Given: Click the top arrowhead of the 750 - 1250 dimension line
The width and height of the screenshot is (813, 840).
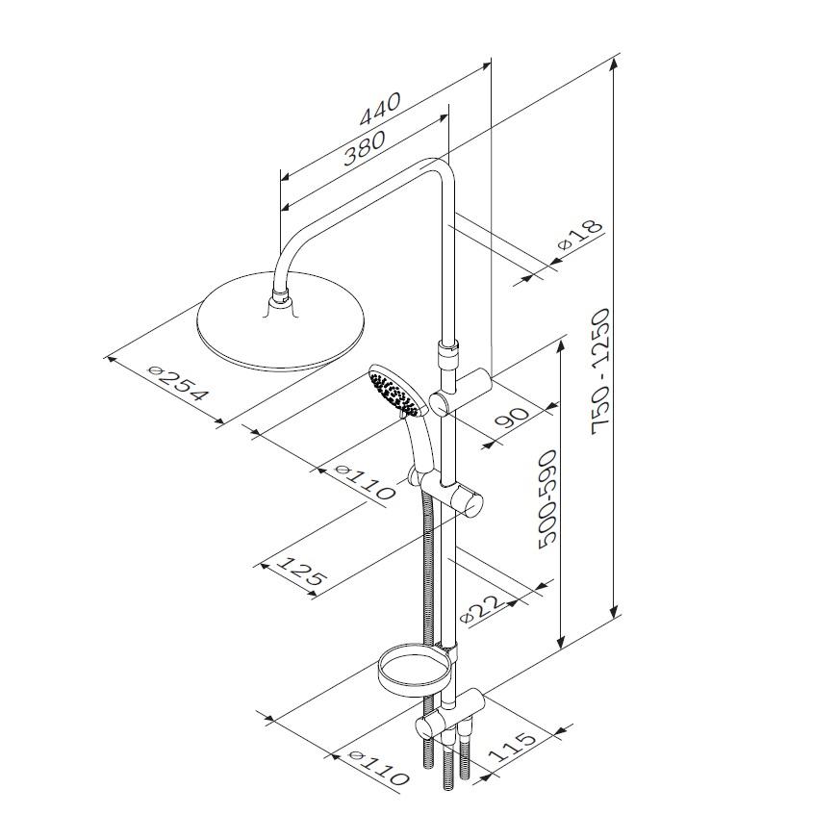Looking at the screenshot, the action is point(614,65).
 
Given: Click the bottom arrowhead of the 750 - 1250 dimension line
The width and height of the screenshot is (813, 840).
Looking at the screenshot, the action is point(614,611).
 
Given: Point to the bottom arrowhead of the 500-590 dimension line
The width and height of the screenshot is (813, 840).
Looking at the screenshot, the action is point(561,640).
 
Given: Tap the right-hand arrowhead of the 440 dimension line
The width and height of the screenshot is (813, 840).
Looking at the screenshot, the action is point(484,65).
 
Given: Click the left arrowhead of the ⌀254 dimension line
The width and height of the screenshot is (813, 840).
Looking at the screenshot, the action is point(112,359).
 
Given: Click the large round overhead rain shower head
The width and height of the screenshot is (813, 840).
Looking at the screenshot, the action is point(282,321).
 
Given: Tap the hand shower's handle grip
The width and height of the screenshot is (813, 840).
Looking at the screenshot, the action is point(419,445).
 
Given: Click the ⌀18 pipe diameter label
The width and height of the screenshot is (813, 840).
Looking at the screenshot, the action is point(581,234).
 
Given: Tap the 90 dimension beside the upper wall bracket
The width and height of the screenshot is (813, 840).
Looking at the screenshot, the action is point(512,417).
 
